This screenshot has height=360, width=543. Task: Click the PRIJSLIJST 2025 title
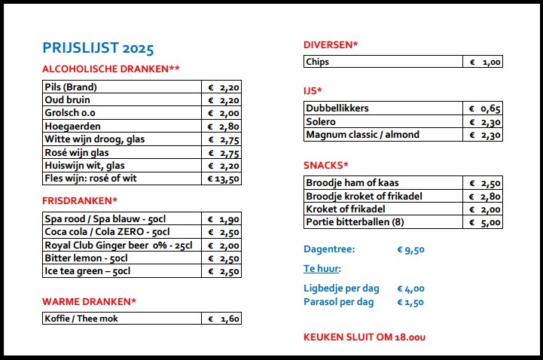[99, 48]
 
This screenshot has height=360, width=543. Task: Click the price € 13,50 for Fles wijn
[224, 179]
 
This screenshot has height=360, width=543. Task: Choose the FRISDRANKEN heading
[80, 200]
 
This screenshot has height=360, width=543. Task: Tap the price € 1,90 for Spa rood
[224, 218]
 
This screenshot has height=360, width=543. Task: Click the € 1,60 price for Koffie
[224, 319]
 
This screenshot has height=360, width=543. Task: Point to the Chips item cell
[383, 62]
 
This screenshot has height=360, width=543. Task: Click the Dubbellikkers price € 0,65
[482, 108]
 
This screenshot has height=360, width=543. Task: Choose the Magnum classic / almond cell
[383, 135]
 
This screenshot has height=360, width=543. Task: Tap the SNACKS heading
[326, 165]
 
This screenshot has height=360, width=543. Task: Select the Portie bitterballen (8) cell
[383, 222]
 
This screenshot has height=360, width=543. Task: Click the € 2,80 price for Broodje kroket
[482, 196]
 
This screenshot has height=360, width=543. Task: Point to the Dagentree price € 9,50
[410, 249]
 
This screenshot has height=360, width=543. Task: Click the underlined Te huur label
[322, 268]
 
